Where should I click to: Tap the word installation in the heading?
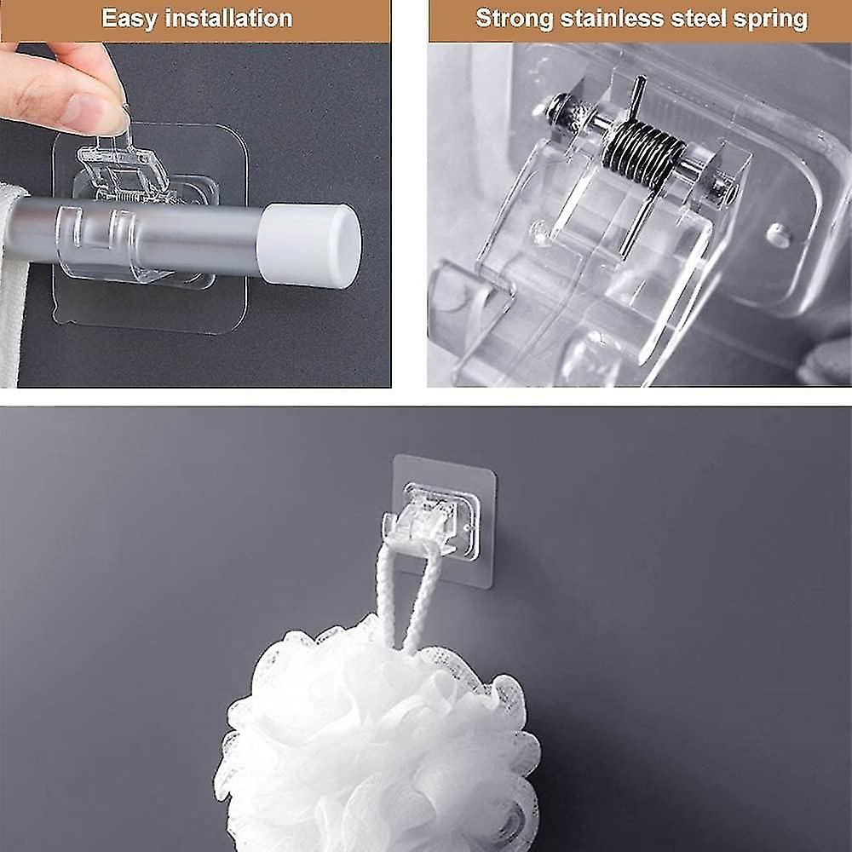click(228, 18)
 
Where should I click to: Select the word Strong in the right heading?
click(514, 19)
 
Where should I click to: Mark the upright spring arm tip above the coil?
click(642, 79)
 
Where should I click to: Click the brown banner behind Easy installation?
click(195, 20)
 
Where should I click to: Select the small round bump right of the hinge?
click(779, 235)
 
